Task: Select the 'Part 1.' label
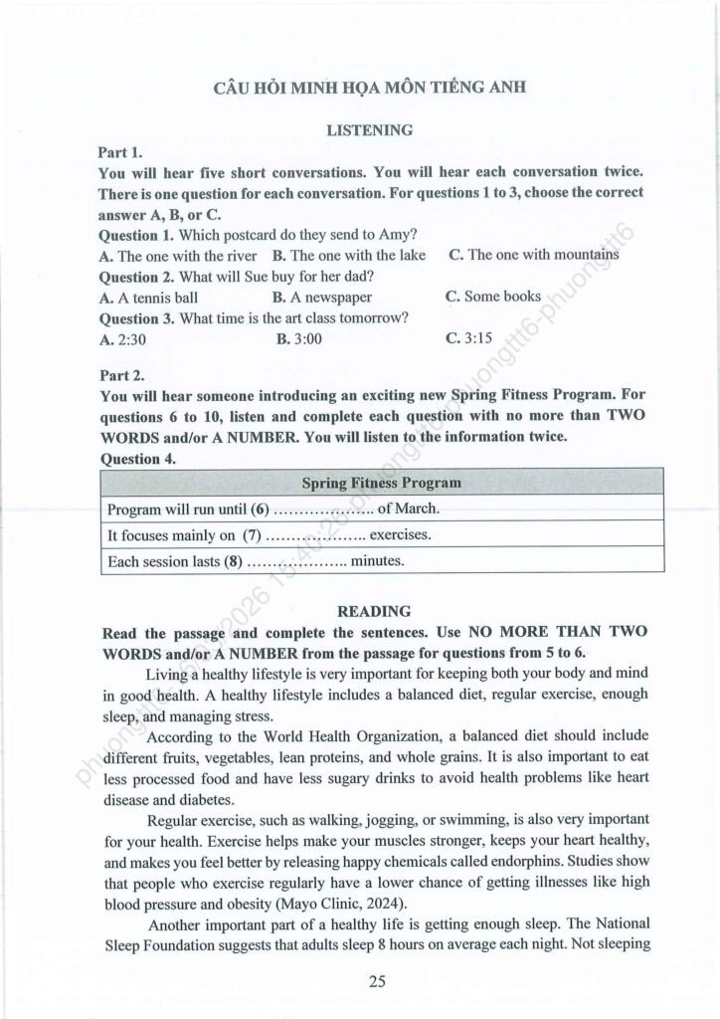tap(121, 152)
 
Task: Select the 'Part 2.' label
tap(121, 374)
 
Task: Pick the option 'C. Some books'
tap(493, 296)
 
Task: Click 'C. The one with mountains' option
tap(533, 255)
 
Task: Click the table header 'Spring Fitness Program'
tap(381, 483)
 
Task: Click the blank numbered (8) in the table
tap(296, 561)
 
